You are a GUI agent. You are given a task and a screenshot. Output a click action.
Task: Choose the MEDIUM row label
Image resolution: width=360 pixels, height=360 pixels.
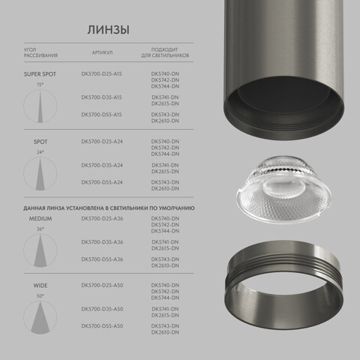pos(40,218)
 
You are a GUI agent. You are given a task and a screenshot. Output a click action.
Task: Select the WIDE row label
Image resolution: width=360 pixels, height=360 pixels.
pos(40,286)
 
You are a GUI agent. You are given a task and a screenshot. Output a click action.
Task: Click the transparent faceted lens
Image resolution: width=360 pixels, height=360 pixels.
pos(277,190)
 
